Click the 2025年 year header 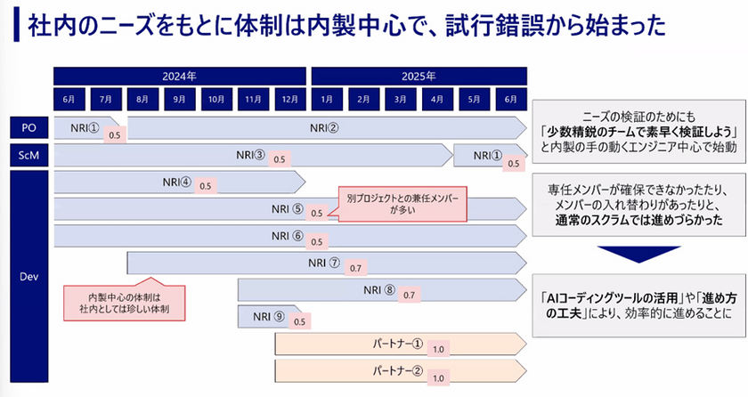tap(417, 75)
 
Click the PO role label tap(28, 127)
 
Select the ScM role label tap(28, 156)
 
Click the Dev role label tap(28, 275)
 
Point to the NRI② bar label tap(324, 127)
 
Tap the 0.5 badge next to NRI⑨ tap(299, 321)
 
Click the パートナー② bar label tap(396, 370)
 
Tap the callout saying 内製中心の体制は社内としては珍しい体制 tap(123, 304)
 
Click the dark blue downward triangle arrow tap(634, 255)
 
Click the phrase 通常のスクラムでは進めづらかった tap(638, 220)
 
